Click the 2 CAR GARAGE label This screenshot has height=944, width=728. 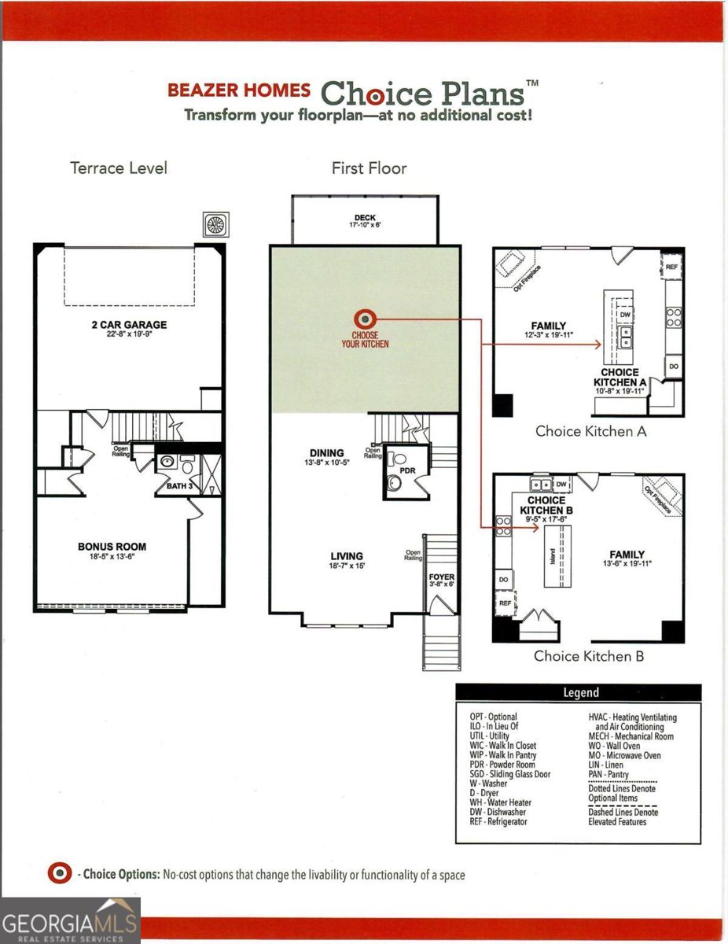click(128, 324)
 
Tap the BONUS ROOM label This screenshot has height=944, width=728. click(112, 547)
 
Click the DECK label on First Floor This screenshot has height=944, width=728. click(364, 219)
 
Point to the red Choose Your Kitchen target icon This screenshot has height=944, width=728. click(366, 319)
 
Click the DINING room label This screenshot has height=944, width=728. click(326, 453)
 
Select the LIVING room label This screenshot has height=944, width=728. click(347, 556)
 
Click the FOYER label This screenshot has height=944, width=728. click(441, 577)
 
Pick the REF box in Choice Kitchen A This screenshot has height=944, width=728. click(671, 267)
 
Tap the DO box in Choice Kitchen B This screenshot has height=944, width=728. click(504, 580)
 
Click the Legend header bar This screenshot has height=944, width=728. click(579, 692)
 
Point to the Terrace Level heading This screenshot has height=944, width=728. click(118, 168)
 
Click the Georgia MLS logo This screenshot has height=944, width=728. click(70, 920)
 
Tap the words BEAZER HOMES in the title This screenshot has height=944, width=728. click(238, 90)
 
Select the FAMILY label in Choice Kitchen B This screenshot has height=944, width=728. click(627, 555)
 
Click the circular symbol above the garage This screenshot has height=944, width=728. click(215, 224)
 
